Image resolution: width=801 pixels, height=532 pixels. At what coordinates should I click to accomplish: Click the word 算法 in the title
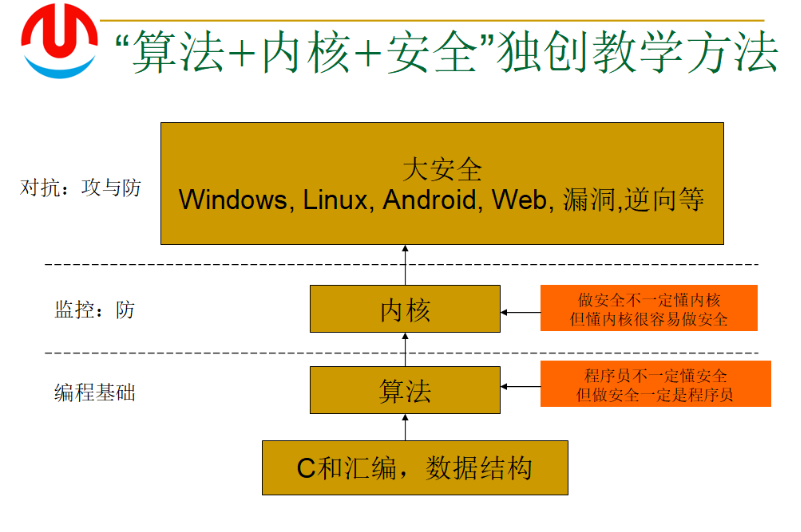(164, 52)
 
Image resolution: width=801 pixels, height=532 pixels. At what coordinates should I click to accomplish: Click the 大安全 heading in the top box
(442, 168)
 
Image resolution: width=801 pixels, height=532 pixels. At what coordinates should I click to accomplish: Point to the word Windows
(232, 200)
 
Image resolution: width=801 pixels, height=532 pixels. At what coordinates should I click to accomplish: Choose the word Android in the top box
(430, 200)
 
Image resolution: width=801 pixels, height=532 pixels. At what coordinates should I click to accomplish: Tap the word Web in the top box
(519, 200)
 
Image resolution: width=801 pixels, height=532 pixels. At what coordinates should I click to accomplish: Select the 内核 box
(405, 310)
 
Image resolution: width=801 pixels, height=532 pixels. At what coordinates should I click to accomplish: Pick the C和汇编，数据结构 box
(414, 467)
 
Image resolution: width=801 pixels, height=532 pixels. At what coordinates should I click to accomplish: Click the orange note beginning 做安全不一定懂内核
(649, 309)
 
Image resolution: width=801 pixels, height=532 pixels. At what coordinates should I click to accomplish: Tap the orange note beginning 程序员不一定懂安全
(655, 385)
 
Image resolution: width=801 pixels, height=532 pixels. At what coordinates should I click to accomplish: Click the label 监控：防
(94, 310)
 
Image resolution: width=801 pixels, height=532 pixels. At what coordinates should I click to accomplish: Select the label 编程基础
(94, 392)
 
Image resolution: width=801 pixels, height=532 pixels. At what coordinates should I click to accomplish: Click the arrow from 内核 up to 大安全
(405, 265)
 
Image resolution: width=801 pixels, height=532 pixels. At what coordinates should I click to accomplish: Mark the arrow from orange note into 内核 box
(520, 312)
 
